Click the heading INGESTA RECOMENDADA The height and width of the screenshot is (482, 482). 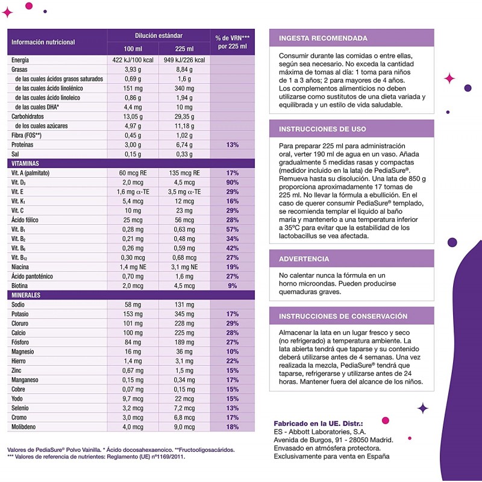[x=323, y=39]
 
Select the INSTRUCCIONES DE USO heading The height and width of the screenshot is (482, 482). [x=322, y=129]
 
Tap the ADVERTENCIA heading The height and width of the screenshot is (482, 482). [x=304, y=259]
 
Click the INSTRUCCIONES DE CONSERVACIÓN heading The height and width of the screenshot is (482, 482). [x=343, y=316]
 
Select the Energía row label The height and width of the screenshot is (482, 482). [x=20, y=60]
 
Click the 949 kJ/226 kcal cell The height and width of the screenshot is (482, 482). [x=184, y=60]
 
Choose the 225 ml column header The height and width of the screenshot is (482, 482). [x=184, y=48]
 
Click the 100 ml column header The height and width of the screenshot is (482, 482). [x=133, y=48]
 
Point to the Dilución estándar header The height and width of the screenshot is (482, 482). [x=158, y=36]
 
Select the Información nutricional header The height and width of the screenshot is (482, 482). [x=43, y=42]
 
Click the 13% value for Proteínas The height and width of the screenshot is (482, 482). [x=232, y=145]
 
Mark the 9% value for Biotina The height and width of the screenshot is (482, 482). [x=232, y=286]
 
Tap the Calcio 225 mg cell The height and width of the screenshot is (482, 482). [x=184, y=332]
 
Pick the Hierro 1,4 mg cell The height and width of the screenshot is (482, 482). [x=133, y=360]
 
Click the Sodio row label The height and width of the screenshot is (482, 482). [x=19, y=305]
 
